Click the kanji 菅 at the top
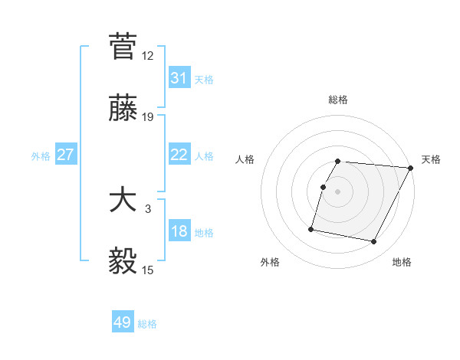(x=123, y=46)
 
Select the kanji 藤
(x=123, y=109)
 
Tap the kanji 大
(x=123, y=201)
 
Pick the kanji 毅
(x=123, y=263)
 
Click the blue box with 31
(x=179, y=77)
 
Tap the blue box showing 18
(x=179, y=231)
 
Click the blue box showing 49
(x=123, y=322)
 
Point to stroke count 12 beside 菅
(x=148, y=55)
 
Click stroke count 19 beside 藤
(x=148, y=117)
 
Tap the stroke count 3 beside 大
(x=148, y=209)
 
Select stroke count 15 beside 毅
(x=148, y=270)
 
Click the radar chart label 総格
(x=338, y=100)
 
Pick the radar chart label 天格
(x=431, y=159)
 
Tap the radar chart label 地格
(x=402, y=263)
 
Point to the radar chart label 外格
(x=270, y=263)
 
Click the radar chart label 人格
(x=245, y=159)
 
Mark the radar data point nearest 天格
(x=411, y=168)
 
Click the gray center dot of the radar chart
(x=338, y=191)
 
